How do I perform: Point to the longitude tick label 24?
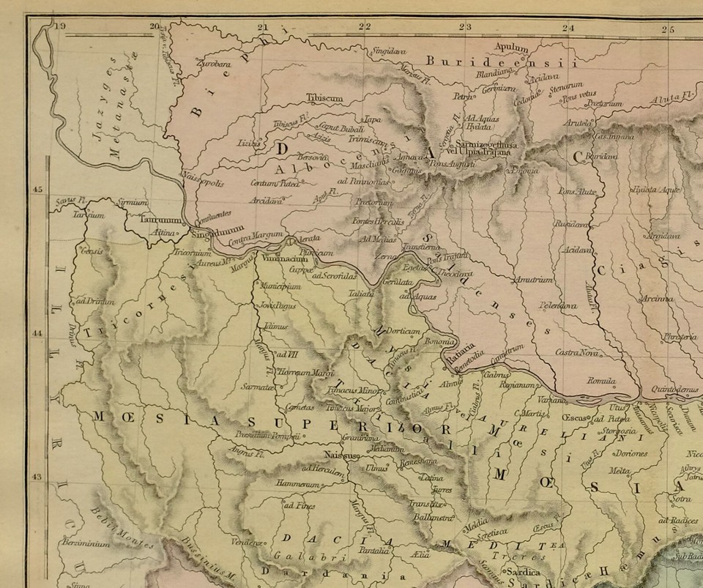pos(568,29)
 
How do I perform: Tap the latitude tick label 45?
pos(38,190)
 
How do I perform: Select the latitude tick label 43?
pos(38,477)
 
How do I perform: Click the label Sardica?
pos(521,571)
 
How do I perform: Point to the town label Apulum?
pos(511,48)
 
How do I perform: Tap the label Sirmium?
pos(133,201)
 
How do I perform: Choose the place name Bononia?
pos(441,342)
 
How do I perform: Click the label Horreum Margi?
pos(307,373)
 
